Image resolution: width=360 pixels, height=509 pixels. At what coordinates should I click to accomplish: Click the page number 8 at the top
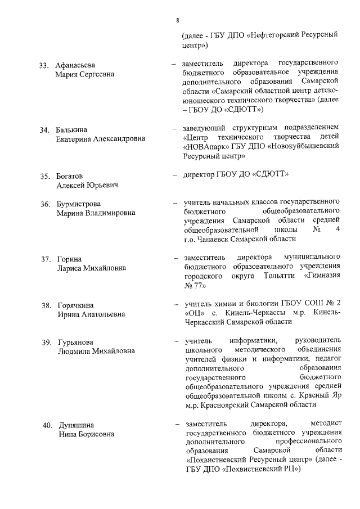[178, 21]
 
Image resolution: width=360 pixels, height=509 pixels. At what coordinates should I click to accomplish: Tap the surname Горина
[68, 259]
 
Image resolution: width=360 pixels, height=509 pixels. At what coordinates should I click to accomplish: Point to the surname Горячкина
[76, 305]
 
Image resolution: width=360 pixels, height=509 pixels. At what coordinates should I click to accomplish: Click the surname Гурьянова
[75, 342]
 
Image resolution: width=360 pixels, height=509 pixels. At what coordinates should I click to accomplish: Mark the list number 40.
[44, 425]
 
